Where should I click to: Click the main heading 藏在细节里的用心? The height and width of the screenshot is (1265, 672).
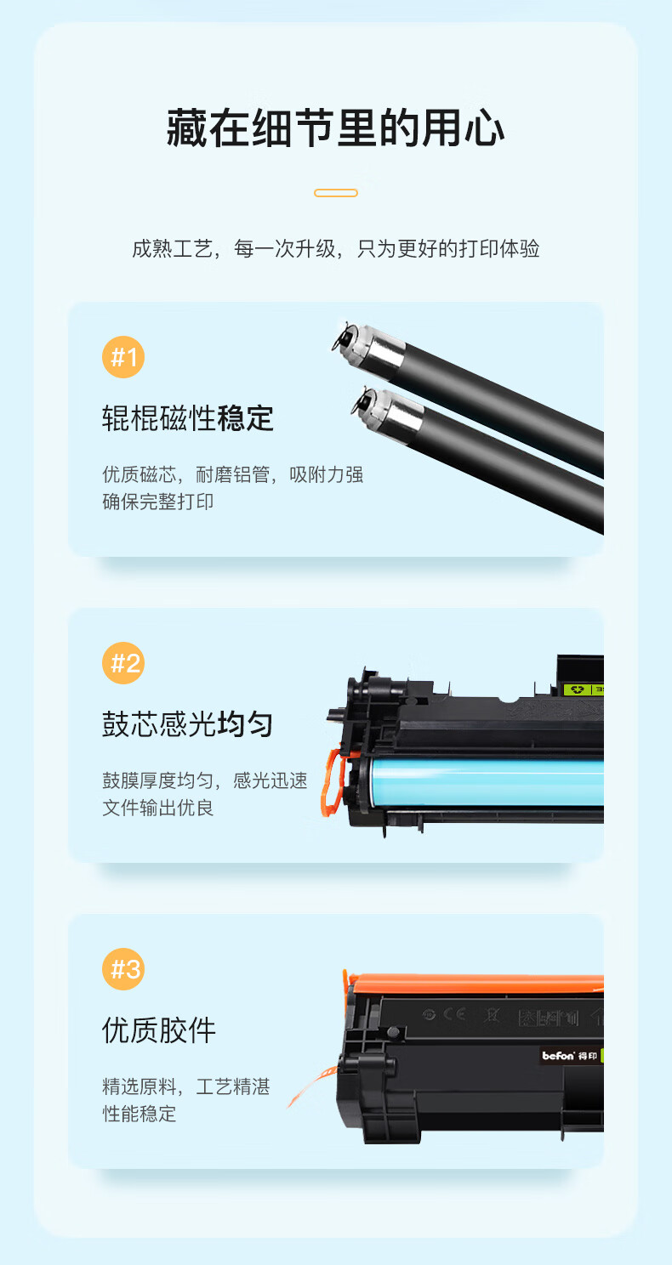pos(336,128)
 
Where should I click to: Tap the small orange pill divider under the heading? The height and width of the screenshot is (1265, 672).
pos(336,193)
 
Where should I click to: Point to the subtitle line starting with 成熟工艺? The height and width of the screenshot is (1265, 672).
pos(336,248)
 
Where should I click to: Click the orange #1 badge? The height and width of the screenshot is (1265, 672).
pos(123,357)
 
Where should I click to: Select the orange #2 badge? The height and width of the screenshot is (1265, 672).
pos(123,663)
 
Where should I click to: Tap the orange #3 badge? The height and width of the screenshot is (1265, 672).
pos(123,969)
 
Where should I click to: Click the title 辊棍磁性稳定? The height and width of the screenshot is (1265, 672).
pos(188,418)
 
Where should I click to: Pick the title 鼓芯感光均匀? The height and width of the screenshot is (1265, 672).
pos(188,724)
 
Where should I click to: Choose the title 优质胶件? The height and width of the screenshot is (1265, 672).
pos(159,1030)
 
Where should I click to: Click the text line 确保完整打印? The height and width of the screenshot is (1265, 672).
pos(157,502)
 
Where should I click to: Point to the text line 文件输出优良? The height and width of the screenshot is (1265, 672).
pos(157,808)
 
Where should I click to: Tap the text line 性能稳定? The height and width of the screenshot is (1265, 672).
pos(139,1114)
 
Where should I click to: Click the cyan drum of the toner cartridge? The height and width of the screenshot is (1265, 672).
pos(486,782)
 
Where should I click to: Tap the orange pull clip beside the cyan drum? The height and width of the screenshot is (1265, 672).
pos(333,783)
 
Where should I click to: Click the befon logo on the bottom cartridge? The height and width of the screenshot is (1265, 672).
pos(558,1056)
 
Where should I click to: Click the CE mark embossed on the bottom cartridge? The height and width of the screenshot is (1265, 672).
pos(454,1014)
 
